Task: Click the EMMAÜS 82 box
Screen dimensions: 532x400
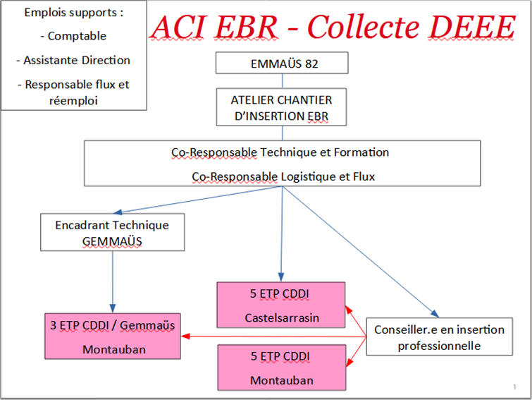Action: (282, 63)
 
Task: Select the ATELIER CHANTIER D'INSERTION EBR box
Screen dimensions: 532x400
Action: (281, 107)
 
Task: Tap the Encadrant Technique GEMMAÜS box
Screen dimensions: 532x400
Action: (112, 232)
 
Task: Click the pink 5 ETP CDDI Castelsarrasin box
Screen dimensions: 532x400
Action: (281, 305)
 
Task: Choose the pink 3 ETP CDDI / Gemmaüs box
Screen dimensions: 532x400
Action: (113, 337)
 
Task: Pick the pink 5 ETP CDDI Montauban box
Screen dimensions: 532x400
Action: (282, 368)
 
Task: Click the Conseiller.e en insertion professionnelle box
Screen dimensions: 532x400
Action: (440, 337)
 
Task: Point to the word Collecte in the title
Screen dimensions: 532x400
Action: (364, 27)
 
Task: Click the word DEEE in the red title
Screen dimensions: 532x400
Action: (471, 27)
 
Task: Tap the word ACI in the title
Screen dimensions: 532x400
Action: (178, 28)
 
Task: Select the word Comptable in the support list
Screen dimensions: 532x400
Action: (77, 36)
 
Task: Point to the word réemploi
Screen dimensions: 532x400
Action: (73, 101)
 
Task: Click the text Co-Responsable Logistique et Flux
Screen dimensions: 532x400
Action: (283, 176)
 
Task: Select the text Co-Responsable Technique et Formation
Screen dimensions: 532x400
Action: (280, 152)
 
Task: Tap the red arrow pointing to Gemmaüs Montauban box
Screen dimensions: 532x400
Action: (274, 337)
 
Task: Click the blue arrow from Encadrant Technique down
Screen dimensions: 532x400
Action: (113, 281)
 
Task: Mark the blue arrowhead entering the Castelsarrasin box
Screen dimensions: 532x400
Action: (281, 277)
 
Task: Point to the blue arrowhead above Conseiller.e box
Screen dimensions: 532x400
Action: (434, 313)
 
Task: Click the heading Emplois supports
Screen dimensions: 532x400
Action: (73, 13)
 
